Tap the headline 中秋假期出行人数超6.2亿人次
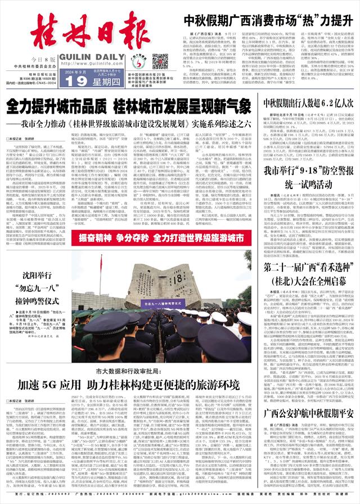(x=308, y=103)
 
